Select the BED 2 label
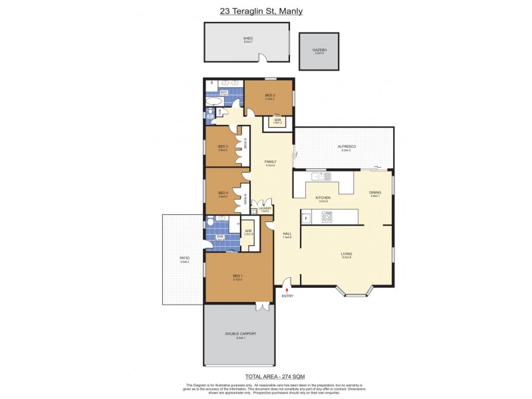[269, 96]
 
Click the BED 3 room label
[223, 147]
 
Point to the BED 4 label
[223, 193]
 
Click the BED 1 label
[237, 276]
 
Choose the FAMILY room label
[271, 162]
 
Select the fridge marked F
[306, 217]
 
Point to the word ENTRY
[287, 297]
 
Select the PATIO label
[184, 258]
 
